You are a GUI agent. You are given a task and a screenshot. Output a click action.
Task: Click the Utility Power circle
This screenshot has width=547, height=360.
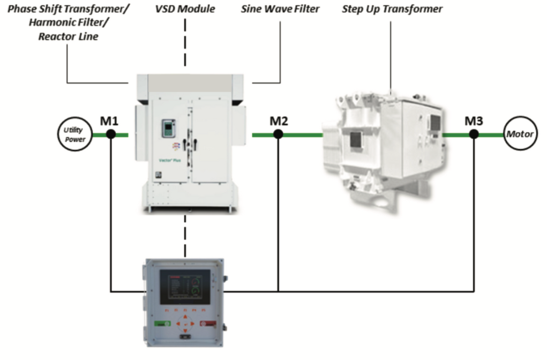click(75, 134)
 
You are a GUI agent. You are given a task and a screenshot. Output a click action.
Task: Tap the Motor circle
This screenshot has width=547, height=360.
click(520, 134)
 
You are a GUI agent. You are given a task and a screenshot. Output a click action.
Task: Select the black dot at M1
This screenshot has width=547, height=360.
click(110, 134)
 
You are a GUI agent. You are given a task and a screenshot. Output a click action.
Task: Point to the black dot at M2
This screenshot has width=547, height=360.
click(278, 134)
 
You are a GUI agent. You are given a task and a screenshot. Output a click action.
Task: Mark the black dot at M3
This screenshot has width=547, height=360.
click(474, 134)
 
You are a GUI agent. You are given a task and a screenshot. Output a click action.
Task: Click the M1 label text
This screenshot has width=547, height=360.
click(110, 121)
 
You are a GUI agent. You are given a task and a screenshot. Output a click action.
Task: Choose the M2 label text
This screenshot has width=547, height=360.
click(278, 121)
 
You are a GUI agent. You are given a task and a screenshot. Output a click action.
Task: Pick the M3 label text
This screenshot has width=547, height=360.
click(474, 121)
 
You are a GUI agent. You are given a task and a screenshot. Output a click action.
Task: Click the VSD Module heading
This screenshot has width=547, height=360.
click(185, 9)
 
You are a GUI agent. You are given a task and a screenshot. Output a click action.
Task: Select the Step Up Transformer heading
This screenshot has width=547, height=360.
click(392, 9)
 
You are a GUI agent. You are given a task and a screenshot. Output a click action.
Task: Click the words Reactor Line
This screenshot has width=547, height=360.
click(68, 37)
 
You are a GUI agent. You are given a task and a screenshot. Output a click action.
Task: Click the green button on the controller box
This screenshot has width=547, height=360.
click(162, 323)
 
